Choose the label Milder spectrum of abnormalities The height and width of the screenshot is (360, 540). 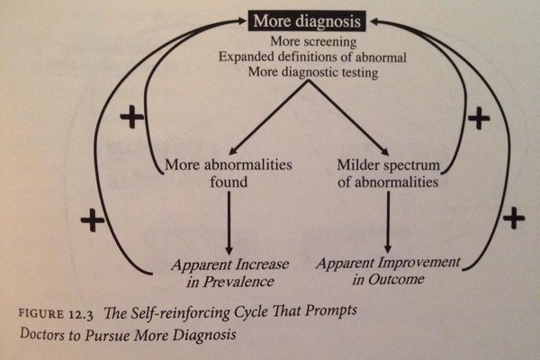tap(389, 174)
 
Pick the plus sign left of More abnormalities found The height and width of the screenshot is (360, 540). tap(131, 118)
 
